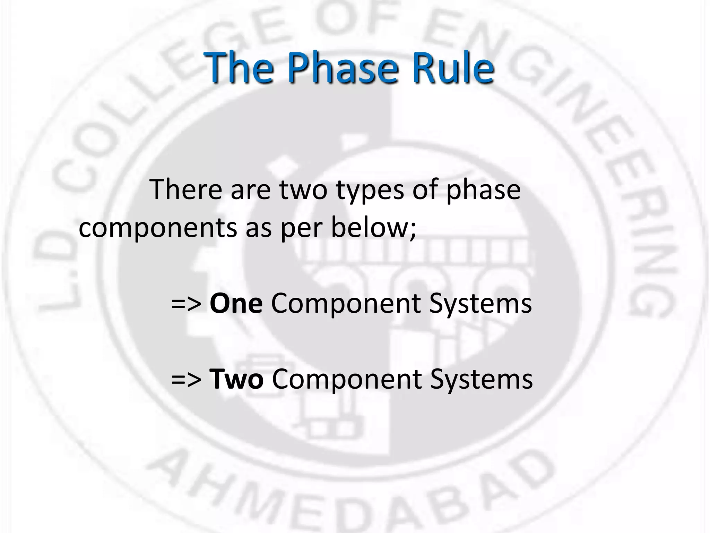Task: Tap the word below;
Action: point(373,228)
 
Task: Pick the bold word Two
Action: point(236,379)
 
